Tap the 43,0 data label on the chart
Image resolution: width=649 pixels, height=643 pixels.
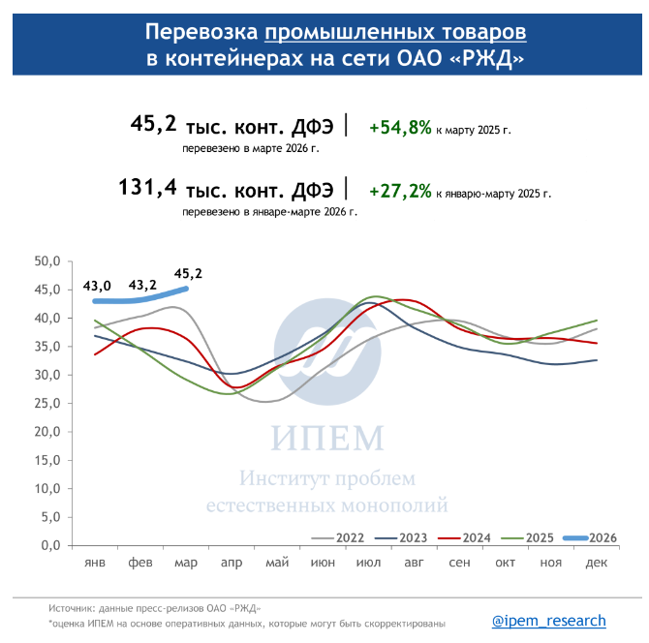[97, 286]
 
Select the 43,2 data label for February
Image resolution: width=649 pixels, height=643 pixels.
[142, 286]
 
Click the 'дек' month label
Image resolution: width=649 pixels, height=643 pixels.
[596, 564]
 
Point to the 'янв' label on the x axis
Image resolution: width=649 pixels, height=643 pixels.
[95, 564]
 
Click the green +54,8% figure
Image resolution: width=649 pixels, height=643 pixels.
[400, 127]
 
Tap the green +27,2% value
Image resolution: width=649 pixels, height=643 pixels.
[400, 191]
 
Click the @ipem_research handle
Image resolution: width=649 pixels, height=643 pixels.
[548, 621]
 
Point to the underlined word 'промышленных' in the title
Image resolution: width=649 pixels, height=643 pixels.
[396, 32]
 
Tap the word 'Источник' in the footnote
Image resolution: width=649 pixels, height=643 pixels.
[74, 608]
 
